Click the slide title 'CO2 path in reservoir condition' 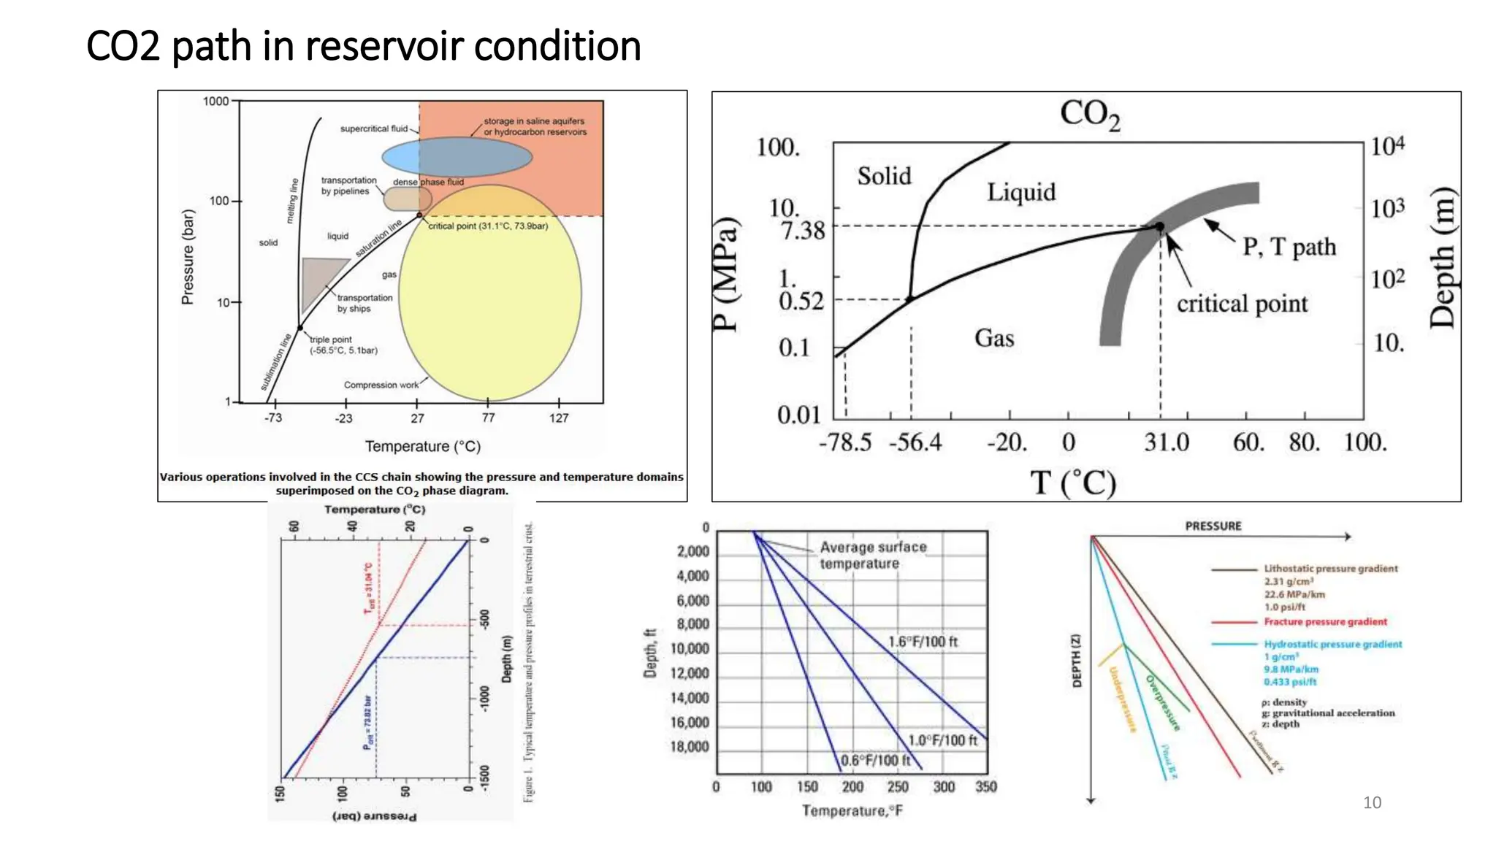363,46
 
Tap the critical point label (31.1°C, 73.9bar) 488,226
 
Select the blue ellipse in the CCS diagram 457,156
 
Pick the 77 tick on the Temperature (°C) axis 488,418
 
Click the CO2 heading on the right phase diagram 1089,115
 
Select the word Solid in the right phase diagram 884,176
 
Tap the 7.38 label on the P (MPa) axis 802,231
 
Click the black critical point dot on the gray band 1159,226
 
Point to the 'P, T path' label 1289,247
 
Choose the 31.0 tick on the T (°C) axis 1166,442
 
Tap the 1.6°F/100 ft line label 923,642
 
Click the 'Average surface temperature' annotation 872,555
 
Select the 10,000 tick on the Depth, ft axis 690,649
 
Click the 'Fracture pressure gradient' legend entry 1325,622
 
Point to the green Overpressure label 1162,702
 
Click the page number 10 1372,803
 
